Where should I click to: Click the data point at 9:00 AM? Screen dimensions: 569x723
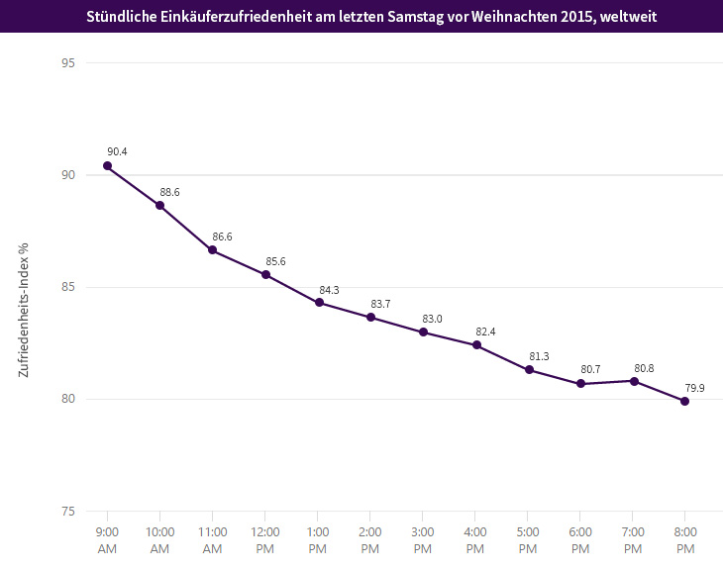point(107,165)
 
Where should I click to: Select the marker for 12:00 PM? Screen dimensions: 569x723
point(265,274)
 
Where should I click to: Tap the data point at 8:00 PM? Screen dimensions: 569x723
point(684,401)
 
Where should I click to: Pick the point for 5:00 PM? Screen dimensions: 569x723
point(529,370)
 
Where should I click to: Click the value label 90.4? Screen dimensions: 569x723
point(117,151)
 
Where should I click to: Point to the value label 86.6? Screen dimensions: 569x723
point(222,237)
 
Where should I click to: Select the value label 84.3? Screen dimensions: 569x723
point(328,290)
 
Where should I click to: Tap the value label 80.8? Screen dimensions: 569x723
point(643,368)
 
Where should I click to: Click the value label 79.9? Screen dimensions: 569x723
point(694,388)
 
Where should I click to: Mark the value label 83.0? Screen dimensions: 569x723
point(433,319)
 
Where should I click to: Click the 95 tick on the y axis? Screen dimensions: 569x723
point(68,62)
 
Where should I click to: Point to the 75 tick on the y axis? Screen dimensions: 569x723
point(68,512)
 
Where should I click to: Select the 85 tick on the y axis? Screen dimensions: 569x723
point(68,287)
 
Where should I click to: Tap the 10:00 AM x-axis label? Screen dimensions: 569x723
point(159,538)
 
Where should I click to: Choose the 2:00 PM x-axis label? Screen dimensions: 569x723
point(369,538)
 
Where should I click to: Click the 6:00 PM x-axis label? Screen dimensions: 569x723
point(579,538)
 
